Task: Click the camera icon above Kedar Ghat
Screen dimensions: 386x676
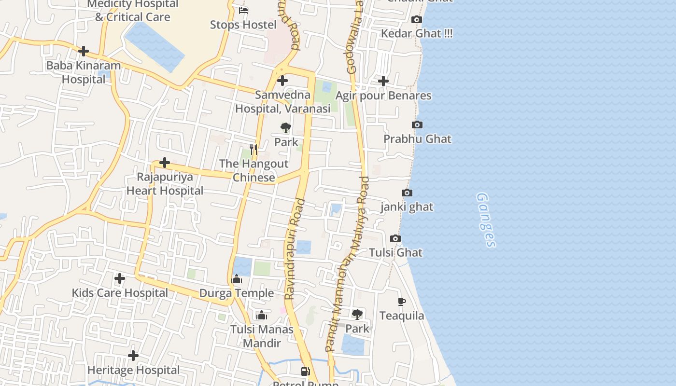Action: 416,20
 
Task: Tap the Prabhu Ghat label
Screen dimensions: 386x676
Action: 417,139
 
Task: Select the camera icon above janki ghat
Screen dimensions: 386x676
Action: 407,193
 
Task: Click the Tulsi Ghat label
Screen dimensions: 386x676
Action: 395,252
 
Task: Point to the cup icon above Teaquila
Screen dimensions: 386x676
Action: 401,302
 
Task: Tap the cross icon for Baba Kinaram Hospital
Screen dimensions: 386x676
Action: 84,51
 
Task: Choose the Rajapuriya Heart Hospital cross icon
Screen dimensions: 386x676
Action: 165,163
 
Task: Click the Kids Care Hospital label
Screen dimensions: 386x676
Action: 120,293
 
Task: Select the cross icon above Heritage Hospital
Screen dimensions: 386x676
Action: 133,356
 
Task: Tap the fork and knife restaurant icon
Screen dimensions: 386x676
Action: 253,149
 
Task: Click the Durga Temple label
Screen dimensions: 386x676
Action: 237,293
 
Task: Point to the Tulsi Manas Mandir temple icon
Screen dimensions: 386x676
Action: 262,316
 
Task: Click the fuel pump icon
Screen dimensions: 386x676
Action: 305,371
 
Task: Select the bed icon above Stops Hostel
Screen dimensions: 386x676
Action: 243,11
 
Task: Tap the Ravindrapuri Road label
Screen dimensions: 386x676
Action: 295,249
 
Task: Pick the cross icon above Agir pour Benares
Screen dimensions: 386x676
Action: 383,81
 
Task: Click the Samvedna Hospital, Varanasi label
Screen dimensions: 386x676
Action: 282,102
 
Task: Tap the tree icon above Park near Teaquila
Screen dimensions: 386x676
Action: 357,315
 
